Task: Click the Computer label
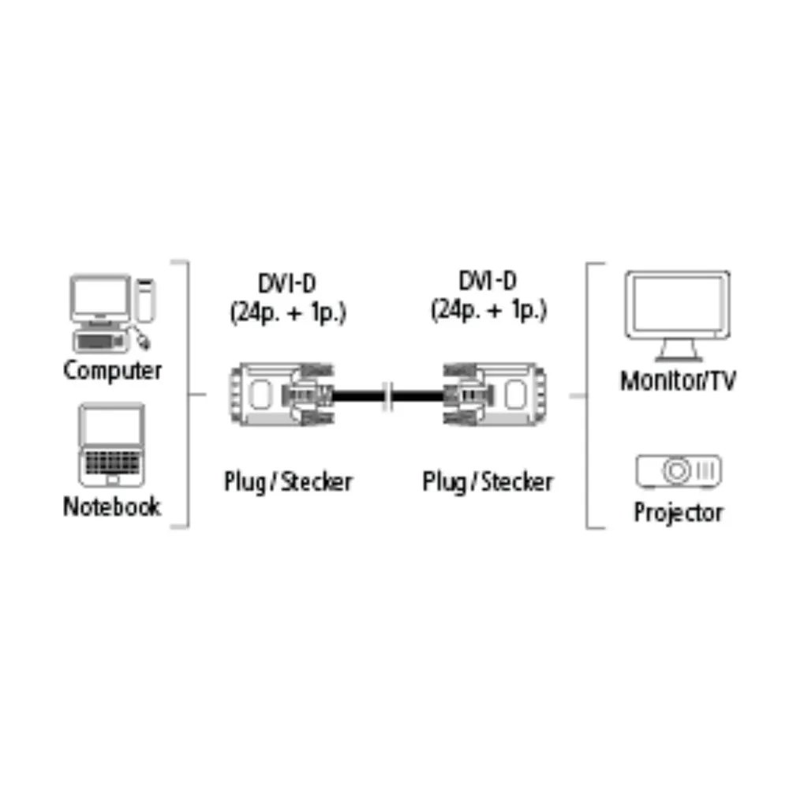tap(112, 371)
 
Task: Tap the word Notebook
tap(112, 507)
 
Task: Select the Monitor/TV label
tap(678, 380)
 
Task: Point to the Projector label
tap(678, 513)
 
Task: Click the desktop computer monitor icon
tap(100, 299)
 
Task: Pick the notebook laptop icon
tap(112, 445)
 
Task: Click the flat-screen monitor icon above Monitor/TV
tap(677, 316)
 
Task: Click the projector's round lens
tap(677, 471)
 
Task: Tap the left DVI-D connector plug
tap(282, 394)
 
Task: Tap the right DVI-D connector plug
tap(494, 394)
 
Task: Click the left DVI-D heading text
tap(287, 283)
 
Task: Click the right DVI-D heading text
tap(488, 281)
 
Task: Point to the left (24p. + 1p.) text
tap(288, 312)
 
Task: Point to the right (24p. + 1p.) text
tap(488, 309)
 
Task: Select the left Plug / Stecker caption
tap(288, 482)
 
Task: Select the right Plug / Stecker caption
tap(488, 482)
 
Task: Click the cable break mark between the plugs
tap(388, 395)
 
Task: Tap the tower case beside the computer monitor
tap(145, 300)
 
